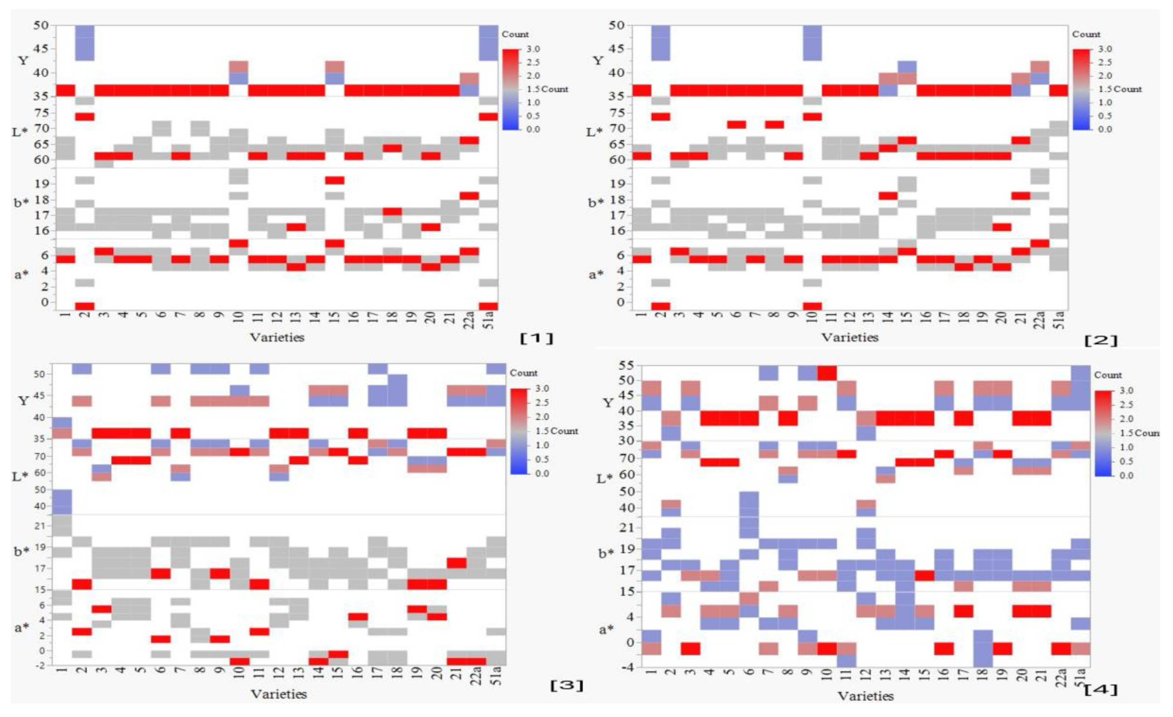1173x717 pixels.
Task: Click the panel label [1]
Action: [x=537, y=338]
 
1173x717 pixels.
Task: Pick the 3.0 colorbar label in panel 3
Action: [x=541, y=388]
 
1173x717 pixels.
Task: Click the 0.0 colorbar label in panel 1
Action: [x=512, y=129]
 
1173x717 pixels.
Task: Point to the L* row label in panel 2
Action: [x=593, y=132]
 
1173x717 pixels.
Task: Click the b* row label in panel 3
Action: [x=21, y=551]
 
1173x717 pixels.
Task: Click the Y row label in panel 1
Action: [x=23, y=60]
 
